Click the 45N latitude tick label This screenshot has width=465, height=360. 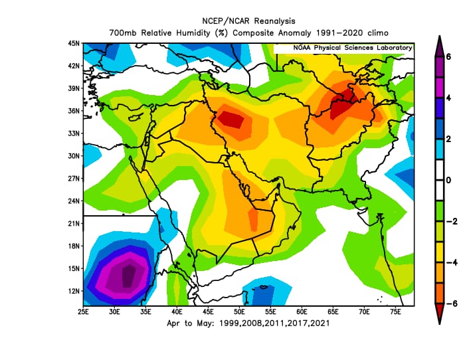coord(74,43)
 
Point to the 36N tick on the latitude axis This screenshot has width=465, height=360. coord(74,111)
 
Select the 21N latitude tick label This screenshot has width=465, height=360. coord(74,224)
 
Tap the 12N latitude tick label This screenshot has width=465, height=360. coord(74,292)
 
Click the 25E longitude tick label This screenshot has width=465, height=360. coord(84,311)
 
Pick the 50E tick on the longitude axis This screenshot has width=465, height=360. coord(239,311)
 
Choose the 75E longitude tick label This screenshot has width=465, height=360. coord(395,311)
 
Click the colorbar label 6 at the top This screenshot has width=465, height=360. coord(448,56)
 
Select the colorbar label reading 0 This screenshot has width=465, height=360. coord(448,180)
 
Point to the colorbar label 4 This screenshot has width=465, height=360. coord(448,97)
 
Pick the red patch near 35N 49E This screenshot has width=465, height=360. coord(232,120)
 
